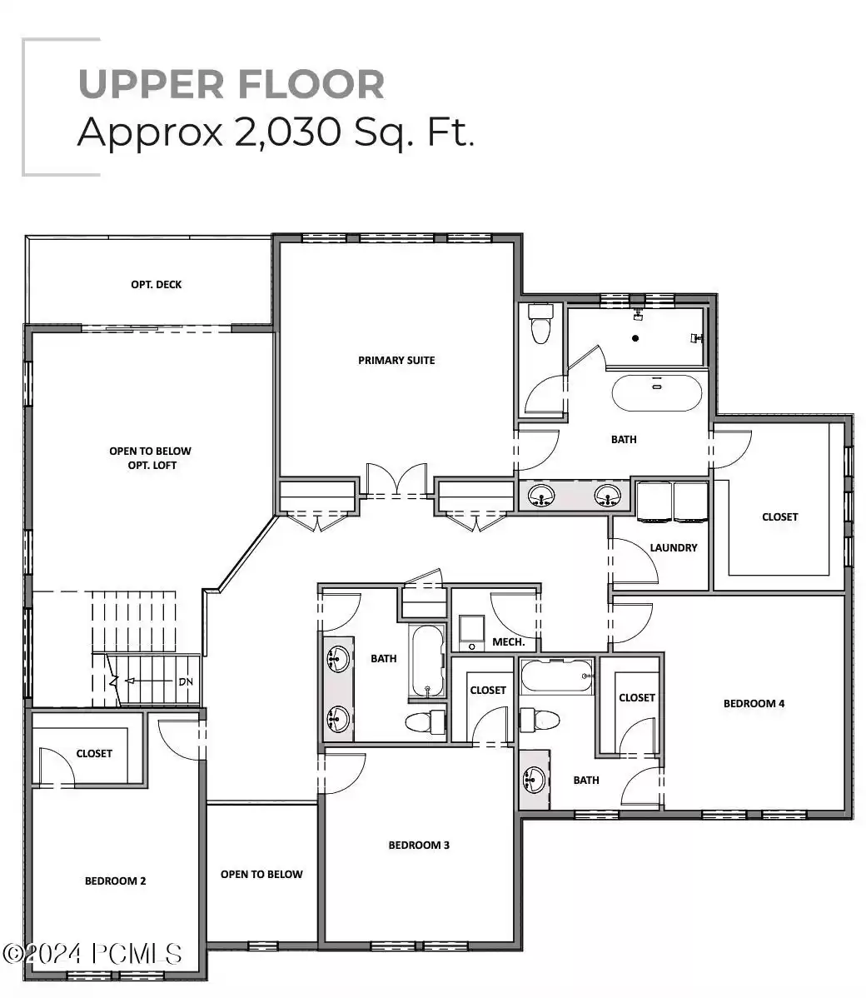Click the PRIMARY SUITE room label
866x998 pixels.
396,360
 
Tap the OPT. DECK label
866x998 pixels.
156,284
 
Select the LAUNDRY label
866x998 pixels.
673,547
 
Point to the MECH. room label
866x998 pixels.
508,641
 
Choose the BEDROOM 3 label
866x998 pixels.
419,845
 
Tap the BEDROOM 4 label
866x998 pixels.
754,703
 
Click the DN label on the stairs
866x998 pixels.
185,681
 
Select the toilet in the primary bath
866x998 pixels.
540,323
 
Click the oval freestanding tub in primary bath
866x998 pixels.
657,392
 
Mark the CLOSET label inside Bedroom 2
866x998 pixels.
94,753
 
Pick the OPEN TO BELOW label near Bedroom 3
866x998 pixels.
261,874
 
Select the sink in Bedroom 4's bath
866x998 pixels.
533,780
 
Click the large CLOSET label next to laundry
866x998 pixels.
779,516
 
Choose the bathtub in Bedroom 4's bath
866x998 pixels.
556,676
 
